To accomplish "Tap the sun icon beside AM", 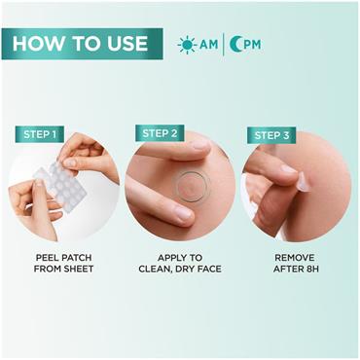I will (187, 45).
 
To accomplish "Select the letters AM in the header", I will (209, 45).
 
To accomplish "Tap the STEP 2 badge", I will (161, 133).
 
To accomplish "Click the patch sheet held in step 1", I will (54, 185).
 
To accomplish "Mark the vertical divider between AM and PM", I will (226, 45).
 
